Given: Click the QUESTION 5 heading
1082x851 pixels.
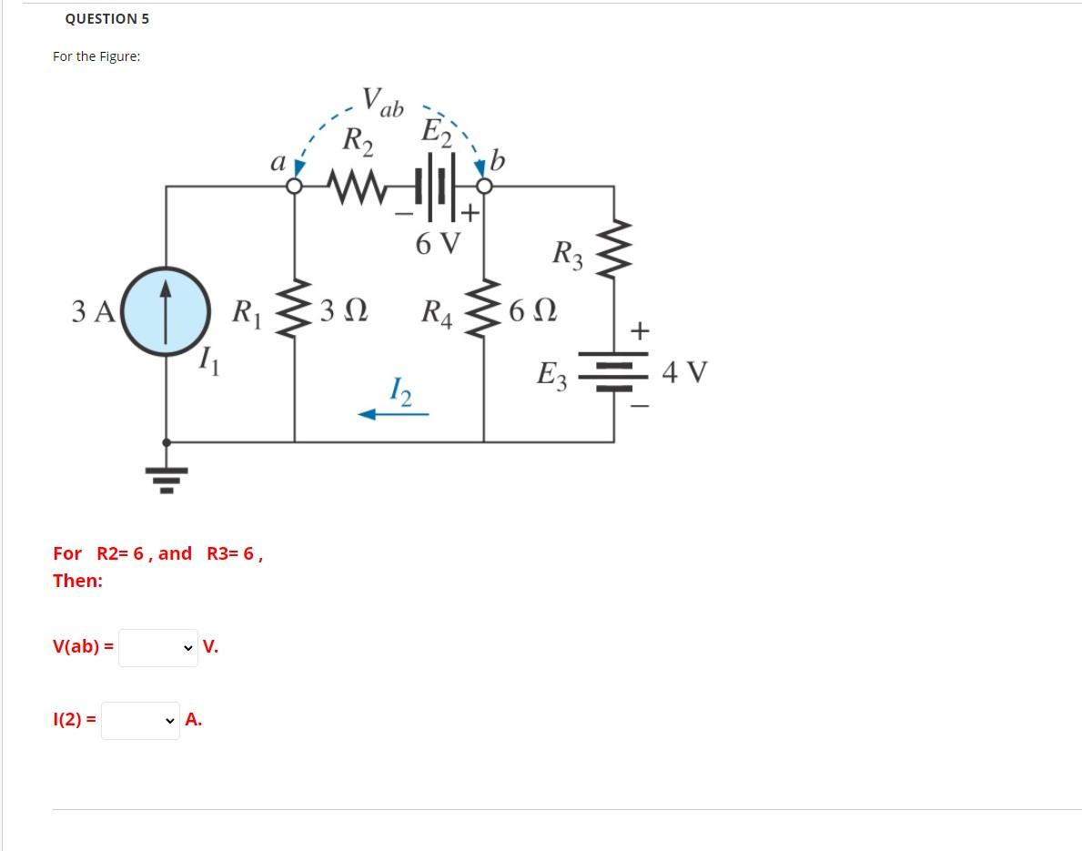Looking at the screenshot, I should coord(107,18).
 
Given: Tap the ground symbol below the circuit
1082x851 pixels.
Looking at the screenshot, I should coord(166,473).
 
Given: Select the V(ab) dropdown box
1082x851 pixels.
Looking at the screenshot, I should coord(158,648).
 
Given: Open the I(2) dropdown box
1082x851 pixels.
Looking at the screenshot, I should coord(140,720).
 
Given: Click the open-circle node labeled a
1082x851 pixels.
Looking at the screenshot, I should coord(294,187).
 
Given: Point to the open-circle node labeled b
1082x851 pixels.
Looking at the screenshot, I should coord(484,187).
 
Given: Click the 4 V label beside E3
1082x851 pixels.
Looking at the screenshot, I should coord(684,372).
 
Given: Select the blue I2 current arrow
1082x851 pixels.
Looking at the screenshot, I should coord(393,414).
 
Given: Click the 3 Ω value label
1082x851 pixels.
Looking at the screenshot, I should coord(344,311).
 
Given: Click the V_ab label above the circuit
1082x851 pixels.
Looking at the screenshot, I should coord(381,101).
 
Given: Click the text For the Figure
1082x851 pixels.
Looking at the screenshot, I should coord(96,56).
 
